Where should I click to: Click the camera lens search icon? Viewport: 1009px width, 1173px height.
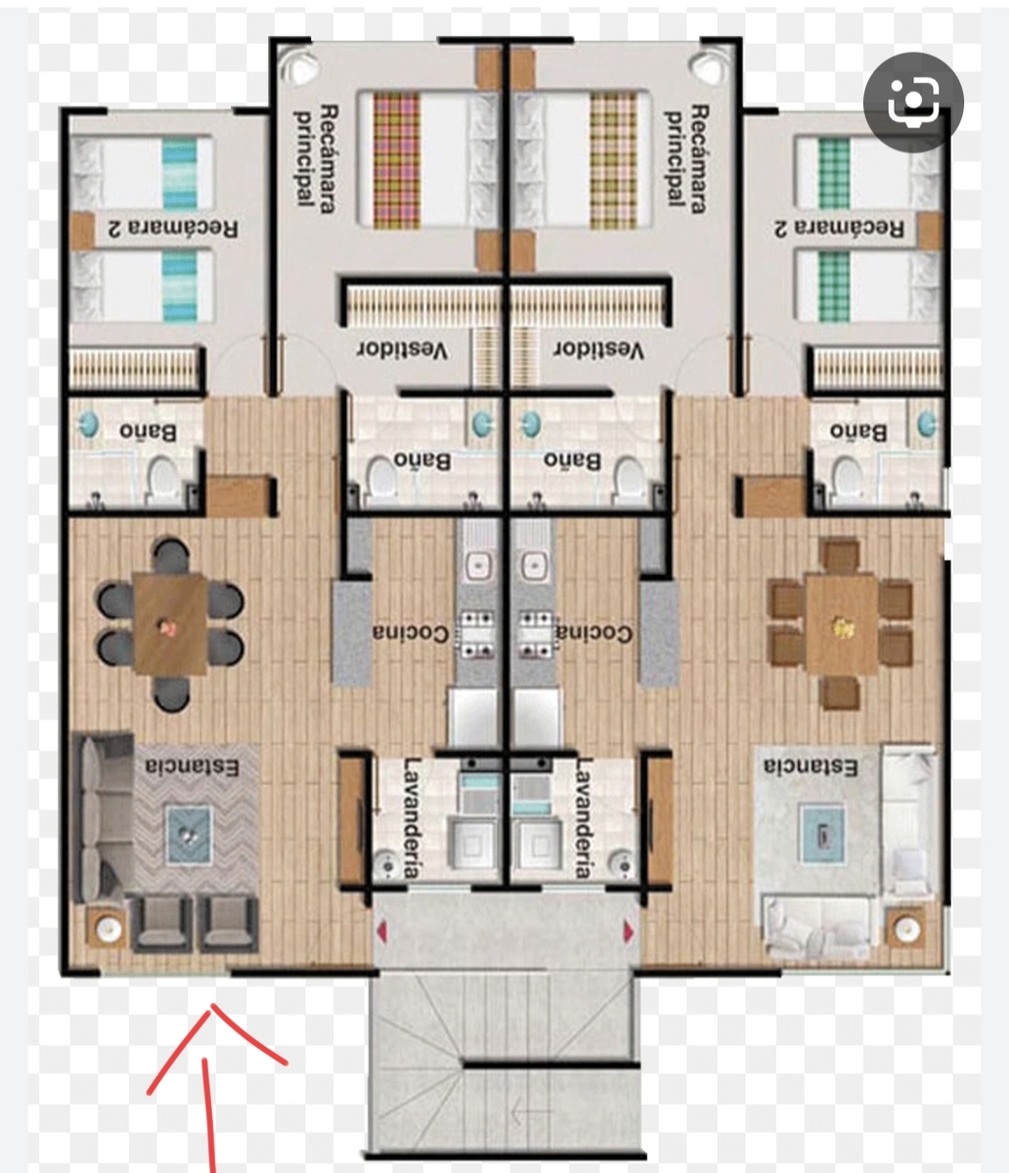[x=913, y=102]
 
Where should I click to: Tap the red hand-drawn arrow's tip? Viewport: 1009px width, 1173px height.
[x=212, y=1006]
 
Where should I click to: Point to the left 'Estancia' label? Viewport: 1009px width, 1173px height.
[x=192, y=766]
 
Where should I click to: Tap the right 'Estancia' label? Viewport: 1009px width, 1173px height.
[x=811, y=766]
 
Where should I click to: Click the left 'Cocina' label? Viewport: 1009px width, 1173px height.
[x=411, y=633]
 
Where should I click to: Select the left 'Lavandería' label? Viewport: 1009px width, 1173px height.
[x=412, y=818]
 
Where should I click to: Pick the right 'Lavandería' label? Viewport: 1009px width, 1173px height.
[x=584, y=818]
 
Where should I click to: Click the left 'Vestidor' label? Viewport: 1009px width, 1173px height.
[x=403, y=350]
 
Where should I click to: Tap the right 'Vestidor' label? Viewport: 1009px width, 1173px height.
[x=598, y=350]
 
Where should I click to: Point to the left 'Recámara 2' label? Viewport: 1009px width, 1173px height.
[x=173, y=228]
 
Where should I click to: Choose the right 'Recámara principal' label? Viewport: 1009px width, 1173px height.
[x=686, y=159]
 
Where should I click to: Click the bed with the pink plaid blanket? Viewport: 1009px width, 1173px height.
[x=426, y=160]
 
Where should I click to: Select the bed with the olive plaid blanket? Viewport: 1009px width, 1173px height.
[x=583, y=160]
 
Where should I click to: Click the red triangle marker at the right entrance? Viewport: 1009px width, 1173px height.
[x=629, y=932]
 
